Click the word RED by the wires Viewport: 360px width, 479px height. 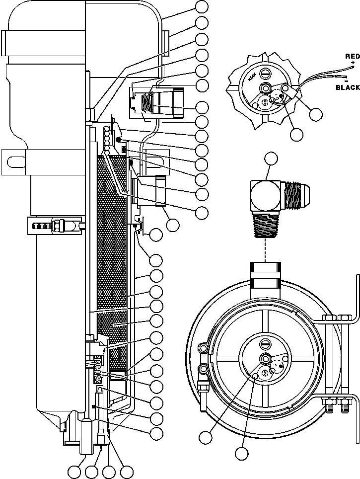coord(352,57)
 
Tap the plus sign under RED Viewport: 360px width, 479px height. coord(353,65)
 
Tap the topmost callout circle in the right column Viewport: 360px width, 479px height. coord(202,6)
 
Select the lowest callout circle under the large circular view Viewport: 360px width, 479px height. coord(242,453)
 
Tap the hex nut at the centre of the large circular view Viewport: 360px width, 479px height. coord(265,359)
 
